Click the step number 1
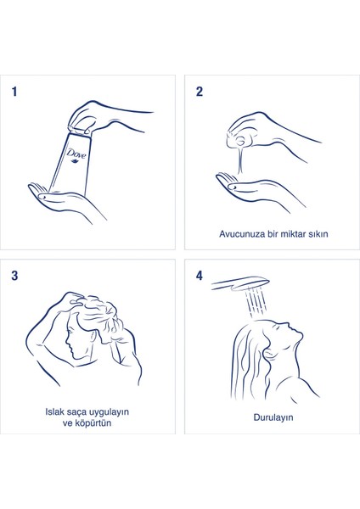(x=14, y=92)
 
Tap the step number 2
(x=200, y=92)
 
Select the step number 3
(x=14, y=276)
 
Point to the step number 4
(x=200, y=276)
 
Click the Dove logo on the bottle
(x=76, y=154)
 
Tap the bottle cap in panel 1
(x=80, y=130)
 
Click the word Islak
(x=54, y=411)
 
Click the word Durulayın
(x=273, y=417)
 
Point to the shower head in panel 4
(x=240, y=283)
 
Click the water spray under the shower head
(x=256, y=302)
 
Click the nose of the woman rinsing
(x=288, y=325)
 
